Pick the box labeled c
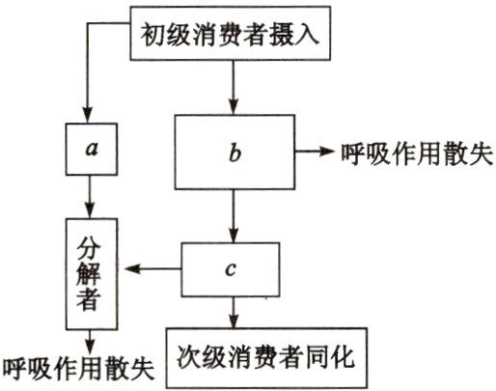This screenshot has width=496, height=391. [x=231, y=269]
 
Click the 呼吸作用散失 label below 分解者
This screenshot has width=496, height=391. [x=78, y=368]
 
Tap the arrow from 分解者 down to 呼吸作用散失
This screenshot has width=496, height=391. [x=89, y=339]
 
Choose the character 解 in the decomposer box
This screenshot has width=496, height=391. [x=89, y=271]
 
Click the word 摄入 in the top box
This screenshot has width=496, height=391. [x=306, y=38]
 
